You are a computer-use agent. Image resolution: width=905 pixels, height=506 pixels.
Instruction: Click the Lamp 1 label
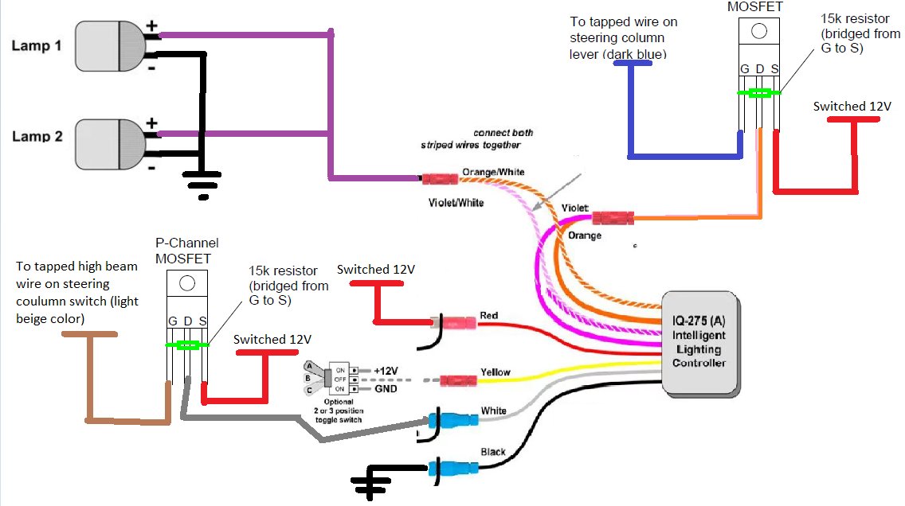click(x=37, y=45)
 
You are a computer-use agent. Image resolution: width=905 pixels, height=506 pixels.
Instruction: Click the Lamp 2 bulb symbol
click(x=110, y=144)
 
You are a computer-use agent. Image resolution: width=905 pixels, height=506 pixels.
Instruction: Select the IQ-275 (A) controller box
click(x=699, y=344)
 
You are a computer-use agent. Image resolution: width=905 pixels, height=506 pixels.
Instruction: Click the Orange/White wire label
click(x=493, y=172)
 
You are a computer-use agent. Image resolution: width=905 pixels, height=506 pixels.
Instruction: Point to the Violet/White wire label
click(x=456, y=202)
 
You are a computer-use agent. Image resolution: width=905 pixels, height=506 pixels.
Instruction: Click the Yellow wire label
click(x=496, y=372)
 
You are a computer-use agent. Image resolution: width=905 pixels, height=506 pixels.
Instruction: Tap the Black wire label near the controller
click(x=493, y=452)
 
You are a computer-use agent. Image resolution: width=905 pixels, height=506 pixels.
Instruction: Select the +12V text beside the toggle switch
click(x=386, y=371)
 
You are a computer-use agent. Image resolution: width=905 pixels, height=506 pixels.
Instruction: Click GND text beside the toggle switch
click(x=386, y=389)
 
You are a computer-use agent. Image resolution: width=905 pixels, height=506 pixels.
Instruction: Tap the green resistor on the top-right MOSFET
click(x=759, y=93)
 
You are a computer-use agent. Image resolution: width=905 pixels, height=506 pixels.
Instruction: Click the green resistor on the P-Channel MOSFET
click(x=187, y=345)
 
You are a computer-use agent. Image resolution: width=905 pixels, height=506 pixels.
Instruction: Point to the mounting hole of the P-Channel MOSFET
click(x=187, y=283)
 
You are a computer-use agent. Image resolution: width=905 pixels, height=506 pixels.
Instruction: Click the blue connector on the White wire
click(x=453, y=419)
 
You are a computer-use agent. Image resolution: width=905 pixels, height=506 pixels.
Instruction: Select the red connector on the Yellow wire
click(x=458, y=381)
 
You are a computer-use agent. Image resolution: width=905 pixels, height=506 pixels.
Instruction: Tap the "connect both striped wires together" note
click(x=476, y=139)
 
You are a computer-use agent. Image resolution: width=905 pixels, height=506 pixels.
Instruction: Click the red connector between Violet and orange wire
click(x=613, y=218)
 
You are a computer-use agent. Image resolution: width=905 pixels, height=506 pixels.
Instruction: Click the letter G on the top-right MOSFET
click(x=745, y=69)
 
